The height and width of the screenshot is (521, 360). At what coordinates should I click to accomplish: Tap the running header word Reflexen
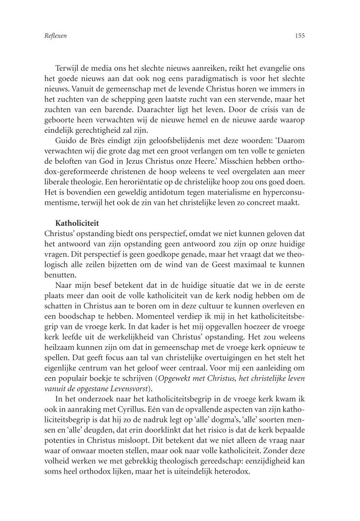point(48,36)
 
